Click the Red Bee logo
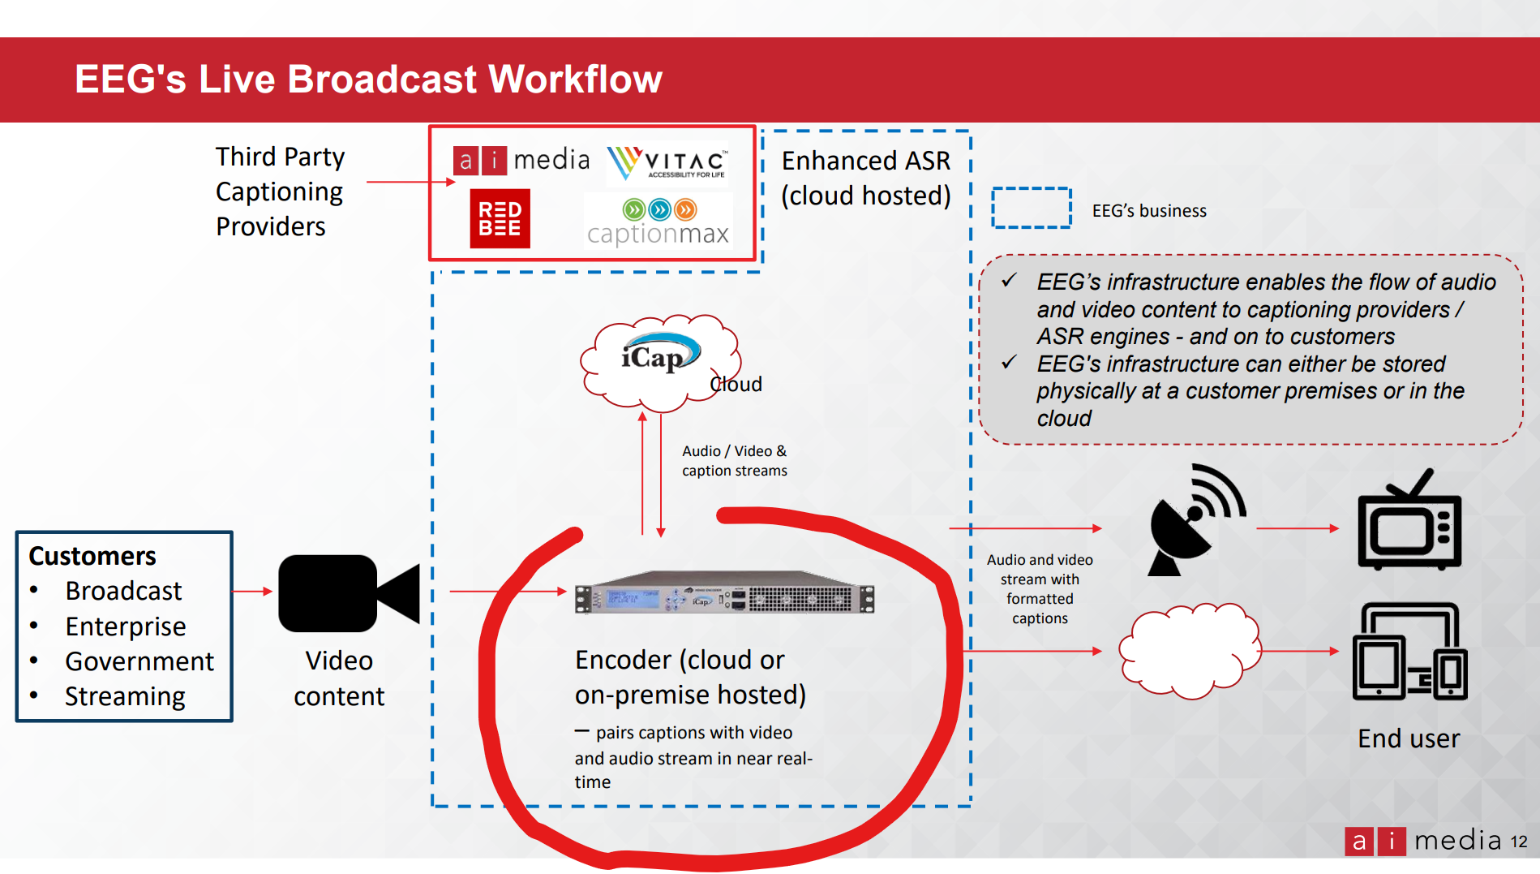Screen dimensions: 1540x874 500,218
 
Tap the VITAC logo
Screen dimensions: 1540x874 667,162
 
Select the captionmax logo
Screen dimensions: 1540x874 658,222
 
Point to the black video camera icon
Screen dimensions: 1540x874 349,593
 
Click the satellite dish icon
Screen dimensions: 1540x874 1196,520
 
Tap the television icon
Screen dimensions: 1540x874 1409,520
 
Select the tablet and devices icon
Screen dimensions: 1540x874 1409,651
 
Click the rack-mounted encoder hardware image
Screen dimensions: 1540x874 724,598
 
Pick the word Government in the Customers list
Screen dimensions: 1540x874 139,661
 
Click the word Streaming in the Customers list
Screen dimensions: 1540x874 126,697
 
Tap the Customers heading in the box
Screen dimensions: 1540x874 92,556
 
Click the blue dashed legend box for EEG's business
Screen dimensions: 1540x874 1032,209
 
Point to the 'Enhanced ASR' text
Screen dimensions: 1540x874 866,161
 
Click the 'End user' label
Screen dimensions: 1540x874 1409,738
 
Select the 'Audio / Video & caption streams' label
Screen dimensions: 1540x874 735,461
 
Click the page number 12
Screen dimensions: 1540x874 1519,842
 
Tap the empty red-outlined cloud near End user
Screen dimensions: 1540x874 1190,651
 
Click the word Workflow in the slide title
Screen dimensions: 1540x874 575,80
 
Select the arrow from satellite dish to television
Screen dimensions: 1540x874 1298,528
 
